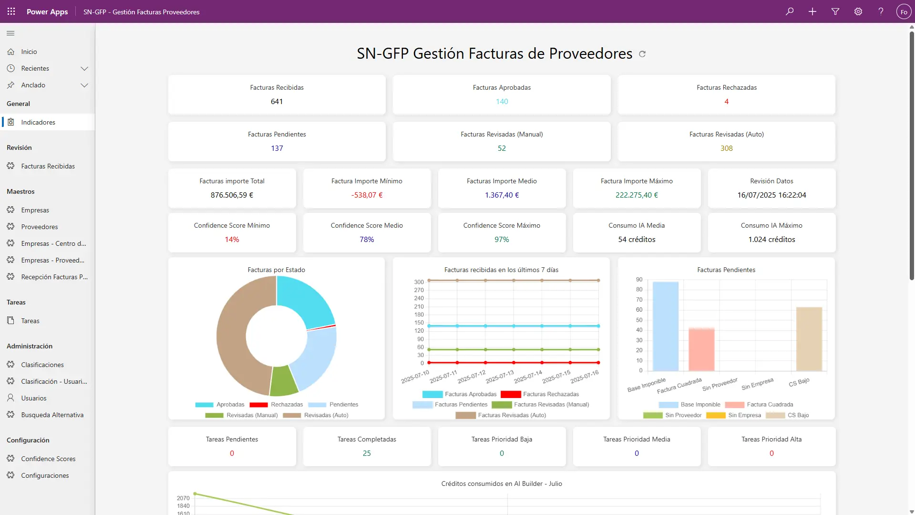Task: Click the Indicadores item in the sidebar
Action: coord(38,122)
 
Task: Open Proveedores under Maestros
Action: coord(39,227)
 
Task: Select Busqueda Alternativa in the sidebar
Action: coord(52,415)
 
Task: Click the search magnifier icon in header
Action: coord(790,11)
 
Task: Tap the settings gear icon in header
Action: coord(858,11)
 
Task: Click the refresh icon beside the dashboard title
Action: coord(642,54)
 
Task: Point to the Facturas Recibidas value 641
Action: coord(277,102)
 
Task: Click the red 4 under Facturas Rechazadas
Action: coord(726,102)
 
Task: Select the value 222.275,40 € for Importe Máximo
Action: coord(637,195)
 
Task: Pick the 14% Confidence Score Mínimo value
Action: coord(232,240)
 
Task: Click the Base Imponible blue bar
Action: coord(666,327)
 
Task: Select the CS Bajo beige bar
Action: coord(809,339)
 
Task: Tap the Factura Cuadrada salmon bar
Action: coord(701,349)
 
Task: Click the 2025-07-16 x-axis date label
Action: coord(585,377)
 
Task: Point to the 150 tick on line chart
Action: coord(419,323)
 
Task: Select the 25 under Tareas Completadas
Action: coord(367,453)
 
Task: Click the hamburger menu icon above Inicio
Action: coord(10,33)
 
